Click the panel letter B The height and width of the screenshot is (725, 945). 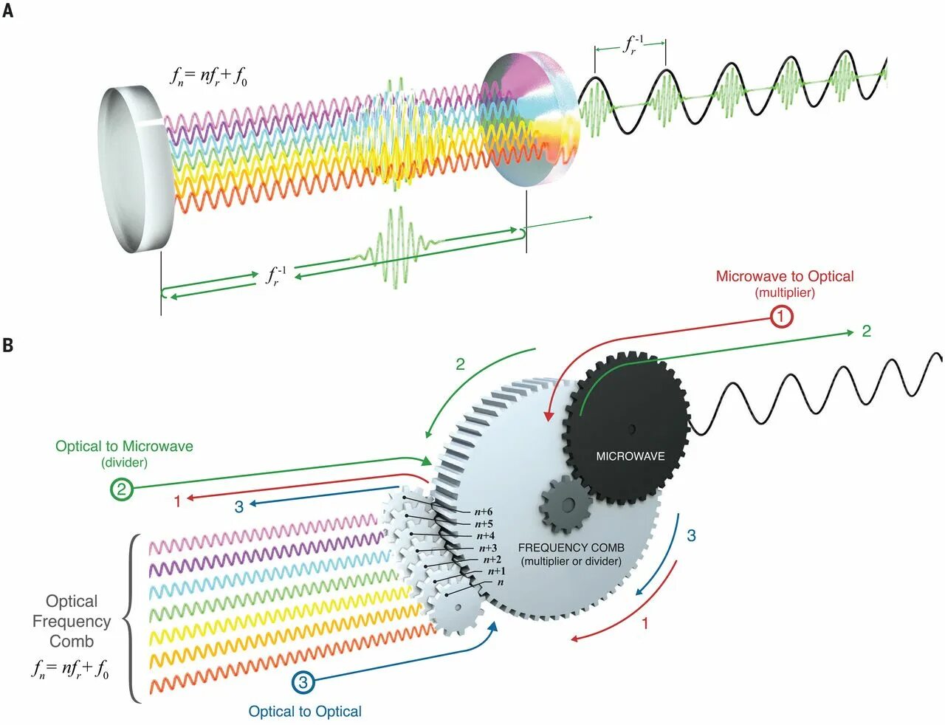[7, 345]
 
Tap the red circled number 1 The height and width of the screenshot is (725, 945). [781, 317]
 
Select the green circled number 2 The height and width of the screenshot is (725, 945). [122, 489]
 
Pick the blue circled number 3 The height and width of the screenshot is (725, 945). [303, 683]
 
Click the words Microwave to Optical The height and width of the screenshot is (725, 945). [785, 276]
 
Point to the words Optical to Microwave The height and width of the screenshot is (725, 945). [124, 446]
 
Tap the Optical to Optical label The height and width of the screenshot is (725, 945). [305, 712]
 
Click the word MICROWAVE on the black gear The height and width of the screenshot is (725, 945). [630, 456]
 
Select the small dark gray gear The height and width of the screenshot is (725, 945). [566, 505]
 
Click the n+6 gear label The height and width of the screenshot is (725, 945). [484, 512]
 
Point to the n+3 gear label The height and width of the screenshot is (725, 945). [488, 548]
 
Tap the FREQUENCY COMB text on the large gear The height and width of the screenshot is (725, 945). [571, 548]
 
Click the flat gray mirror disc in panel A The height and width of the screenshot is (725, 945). [136, 170]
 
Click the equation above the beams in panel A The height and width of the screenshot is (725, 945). [209, 76]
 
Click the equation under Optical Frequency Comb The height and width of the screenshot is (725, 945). [70, 669]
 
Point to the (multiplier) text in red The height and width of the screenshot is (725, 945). [785, 292]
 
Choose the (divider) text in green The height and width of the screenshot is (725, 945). [124, 462]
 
